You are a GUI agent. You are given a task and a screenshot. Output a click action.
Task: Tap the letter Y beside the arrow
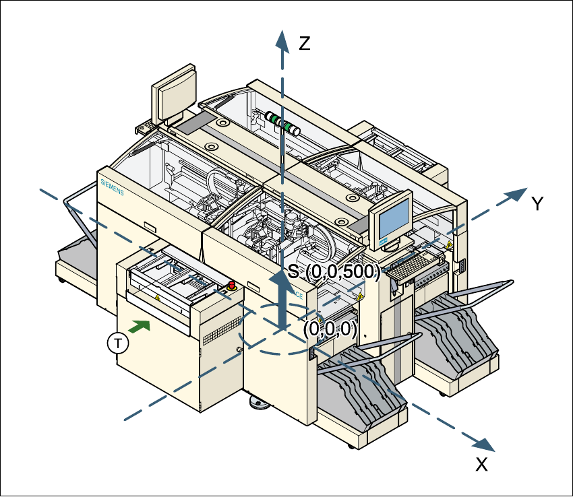coord(537,205)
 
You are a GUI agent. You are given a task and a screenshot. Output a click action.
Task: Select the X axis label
coord(481,464)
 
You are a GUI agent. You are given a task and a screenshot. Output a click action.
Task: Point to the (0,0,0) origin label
coord(330,329)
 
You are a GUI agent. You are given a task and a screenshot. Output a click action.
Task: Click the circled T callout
coord(118,343)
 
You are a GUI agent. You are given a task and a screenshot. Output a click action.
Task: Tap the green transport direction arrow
coord(138,327)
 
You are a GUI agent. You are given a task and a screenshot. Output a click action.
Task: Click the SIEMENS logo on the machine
coord(112,187)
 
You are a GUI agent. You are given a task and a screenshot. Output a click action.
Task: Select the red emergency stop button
coord(233,286)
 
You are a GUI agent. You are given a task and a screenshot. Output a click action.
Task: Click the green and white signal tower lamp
coord(283,123)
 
